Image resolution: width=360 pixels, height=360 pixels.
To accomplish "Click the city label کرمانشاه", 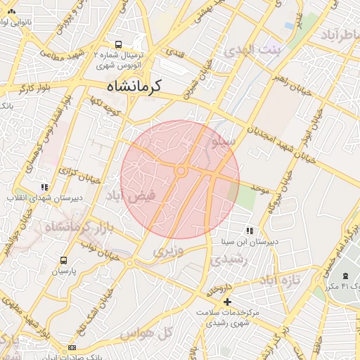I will coord(134,86).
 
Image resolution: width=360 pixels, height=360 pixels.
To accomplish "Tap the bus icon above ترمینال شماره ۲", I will coord(117,43).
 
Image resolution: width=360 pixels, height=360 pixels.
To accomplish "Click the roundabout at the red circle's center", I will coord(181,171).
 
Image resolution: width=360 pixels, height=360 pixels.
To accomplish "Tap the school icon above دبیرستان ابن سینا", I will coord(249,231).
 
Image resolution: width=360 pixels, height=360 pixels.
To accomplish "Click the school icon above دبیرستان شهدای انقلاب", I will coord(44,188).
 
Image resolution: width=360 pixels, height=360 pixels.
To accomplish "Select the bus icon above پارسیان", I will coord(64,260).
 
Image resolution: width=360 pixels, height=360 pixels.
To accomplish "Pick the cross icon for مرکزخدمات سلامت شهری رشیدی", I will coord(226,302).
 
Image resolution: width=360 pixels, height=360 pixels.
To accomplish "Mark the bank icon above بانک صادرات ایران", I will coord(72,348).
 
